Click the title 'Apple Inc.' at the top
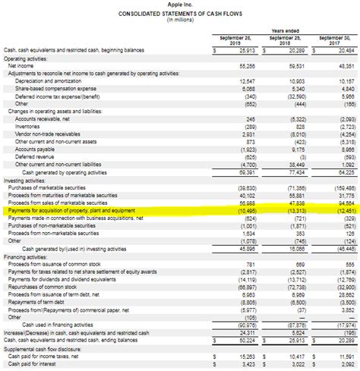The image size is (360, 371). [180, 5]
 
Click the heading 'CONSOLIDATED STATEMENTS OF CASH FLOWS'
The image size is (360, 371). [180, 14]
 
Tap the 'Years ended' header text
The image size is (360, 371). [282, 30]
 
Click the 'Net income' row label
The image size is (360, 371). [22, 66]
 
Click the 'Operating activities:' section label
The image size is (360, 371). [24, 58]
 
